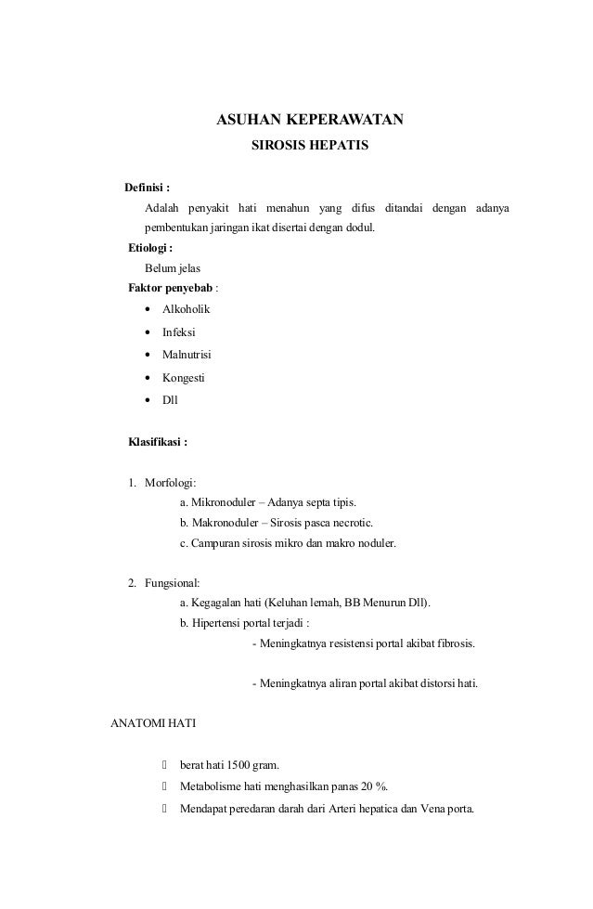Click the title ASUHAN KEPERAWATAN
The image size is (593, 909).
[309, 121]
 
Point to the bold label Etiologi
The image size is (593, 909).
[149, 249]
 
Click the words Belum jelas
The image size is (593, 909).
[172, 268]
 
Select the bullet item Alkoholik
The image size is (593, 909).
[186, 309]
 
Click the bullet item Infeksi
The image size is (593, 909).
[179, 332]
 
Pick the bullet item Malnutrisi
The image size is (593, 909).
[187, 356]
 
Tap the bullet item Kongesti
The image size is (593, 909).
[184, 379]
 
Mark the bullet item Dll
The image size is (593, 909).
[170, 401]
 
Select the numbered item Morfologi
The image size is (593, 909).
[170, 482]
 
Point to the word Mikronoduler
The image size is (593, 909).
[223, 502]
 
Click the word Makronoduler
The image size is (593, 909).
[223, 522]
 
